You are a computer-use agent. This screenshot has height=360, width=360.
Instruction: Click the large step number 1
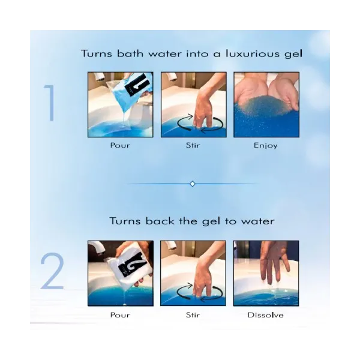50,103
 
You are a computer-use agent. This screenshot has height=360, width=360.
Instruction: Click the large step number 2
52,271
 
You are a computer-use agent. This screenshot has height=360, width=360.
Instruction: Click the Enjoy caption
266,146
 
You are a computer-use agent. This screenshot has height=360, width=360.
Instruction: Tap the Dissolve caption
265,315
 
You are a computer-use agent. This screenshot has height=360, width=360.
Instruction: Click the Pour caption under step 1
120,145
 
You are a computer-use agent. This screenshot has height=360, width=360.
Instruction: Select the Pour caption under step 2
120,315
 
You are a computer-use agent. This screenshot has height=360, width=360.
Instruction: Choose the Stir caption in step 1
193,145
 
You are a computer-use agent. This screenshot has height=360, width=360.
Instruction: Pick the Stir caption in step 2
193,315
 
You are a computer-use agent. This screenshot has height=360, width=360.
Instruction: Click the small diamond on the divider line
193,184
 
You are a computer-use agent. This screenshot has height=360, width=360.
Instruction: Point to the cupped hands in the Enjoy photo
266,94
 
